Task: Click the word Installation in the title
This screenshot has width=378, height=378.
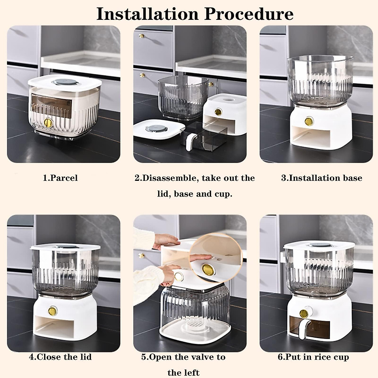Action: [x=147, y=14]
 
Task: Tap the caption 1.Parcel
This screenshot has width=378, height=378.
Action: [x=60, y=178]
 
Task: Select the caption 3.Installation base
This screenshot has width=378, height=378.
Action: [x=321, y=178]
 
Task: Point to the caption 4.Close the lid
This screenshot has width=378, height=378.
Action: [x=60, y=357]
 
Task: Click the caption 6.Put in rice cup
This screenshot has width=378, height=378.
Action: [x=313, y=357]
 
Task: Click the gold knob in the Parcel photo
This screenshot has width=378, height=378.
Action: [x=49, y=123]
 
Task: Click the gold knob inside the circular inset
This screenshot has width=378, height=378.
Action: [x=207, y=270]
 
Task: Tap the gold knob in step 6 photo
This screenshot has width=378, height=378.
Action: [x=304, y=314]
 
